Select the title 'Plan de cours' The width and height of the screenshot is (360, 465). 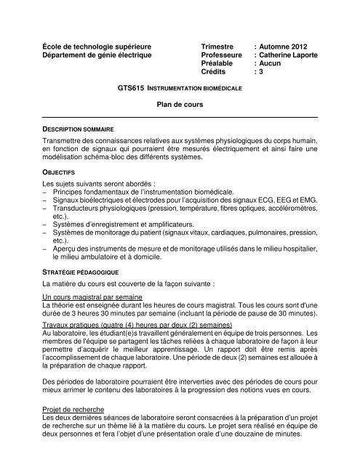(x=178, y=105)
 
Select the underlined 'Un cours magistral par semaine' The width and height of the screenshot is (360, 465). (x=97, y=298)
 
